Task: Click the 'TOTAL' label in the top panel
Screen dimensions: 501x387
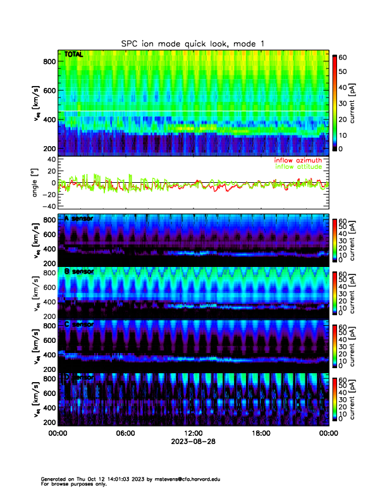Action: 73,55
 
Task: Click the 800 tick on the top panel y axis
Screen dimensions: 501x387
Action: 50,61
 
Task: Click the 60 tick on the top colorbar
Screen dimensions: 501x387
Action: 343,57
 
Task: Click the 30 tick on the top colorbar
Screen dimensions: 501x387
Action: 343,103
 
